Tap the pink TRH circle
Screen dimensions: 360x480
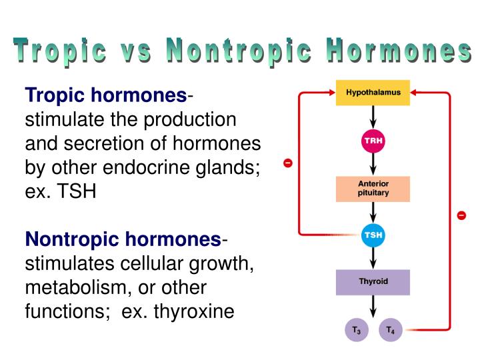(x=373, y=141)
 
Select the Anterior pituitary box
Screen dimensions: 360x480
(x=373, y=189)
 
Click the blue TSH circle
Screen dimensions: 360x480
(x=373, y=235)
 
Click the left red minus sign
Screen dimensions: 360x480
(x=287, y=163)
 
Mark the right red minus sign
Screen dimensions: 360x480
(x=461, y=215)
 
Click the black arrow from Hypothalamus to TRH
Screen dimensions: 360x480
(x=373, y=118)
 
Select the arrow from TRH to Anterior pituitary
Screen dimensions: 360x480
(x=373, y=165)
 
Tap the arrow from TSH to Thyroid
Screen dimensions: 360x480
(x=373, y=259)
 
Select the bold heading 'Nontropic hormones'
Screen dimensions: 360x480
(x=123, y=239)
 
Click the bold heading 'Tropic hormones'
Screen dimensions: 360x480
(x=106, y=97)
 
